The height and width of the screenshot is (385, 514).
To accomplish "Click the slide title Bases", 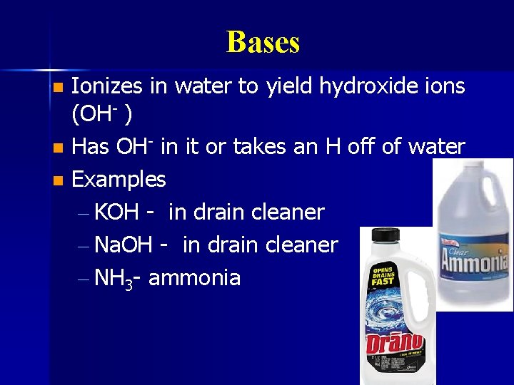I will pyautogui.click(x=263, y=42).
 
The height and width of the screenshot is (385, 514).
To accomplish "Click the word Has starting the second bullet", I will pyautogui.click(x=89, y=147).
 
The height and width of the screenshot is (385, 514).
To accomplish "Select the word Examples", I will pyautogui.click(x=119, y=180).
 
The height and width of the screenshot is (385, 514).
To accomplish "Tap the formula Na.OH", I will pyautogui.click(x=123, y=245).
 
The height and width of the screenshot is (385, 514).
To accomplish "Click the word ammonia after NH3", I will pyautogui.click(x=194, y=278).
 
